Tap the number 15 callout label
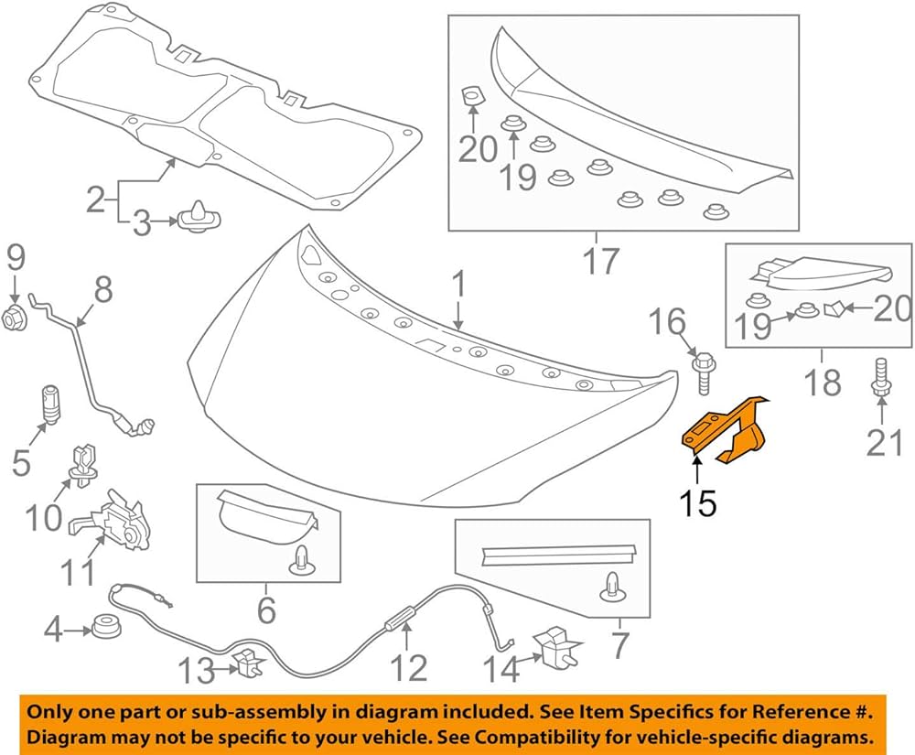point(697,502)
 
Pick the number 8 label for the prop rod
point(102,290)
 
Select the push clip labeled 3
point(195,220)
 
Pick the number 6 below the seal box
point(265,607)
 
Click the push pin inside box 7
point(609,587)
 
